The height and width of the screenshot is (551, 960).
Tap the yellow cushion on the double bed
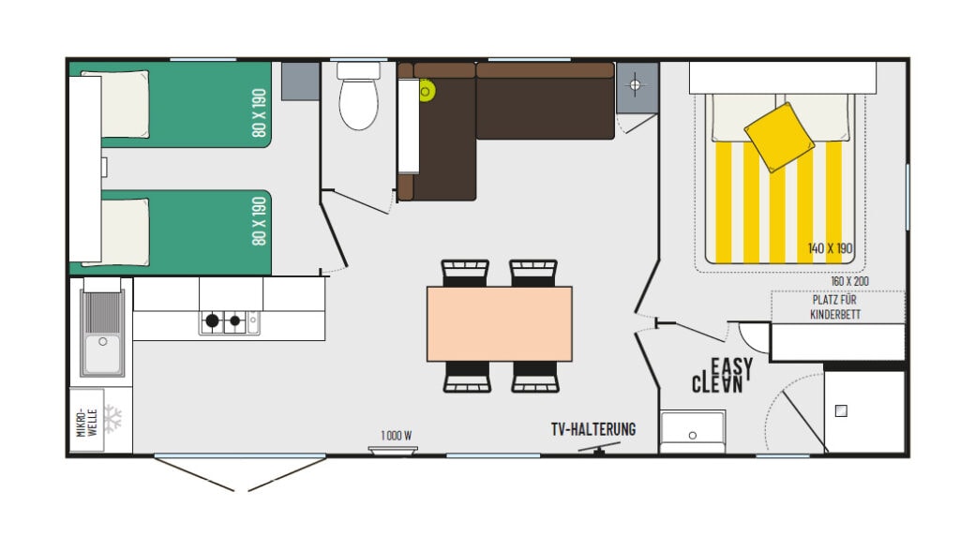[x=779, y=137]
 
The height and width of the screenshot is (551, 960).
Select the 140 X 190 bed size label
[x=830, y=248]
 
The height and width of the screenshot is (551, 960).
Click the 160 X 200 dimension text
[x=849, y=281]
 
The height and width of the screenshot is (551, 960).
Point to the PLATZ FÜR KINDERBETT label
[x=835, y=307]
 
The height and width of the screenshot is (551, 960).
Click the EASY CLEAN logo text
[x=722, y=375]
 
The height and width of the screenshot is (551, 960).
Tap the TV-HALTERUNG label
[x=593, y=429]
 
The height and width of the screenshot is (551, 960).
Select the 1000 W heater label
[x=397, y=436]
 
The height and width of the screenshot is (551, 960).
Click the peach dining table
[x=500, y=323]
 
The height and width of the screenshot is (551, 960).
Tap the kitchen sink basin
[x=102, y=354]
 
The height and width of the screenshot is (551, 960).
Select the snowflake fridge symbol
[x=112, y=419]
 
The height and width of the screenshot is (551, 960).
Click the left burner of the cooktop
[x=213, y=320]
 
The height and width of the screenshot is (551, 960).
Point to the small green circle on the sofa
[x=427, y=91]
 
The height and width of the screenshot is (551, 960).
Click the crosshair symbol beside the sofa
[x=635, y=84]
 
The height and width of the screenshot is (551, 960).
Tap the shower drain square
[x=841, y=411]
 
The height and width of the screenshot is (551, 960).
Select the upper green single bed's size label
[x=259, y=112]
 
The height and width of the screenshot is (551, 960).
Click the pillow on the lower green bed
[x=125, y=231]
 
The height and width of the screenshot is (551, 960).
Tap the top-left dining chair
[x=465, y=273]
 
